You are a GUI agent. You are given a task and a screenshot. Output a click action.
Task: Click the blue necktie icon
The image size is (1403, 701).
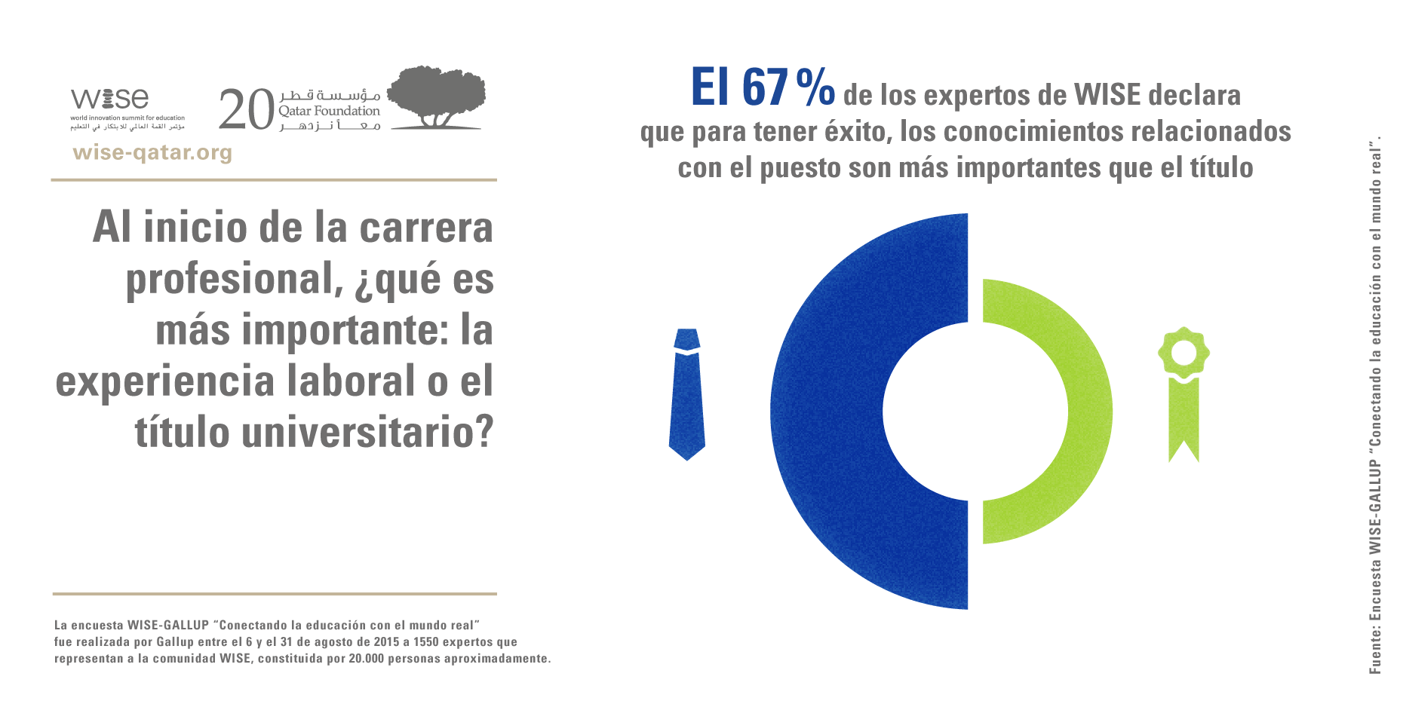click(686, 394)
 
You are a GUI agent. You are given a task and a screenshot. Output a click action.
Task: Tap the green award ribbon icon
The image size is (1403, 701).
click(1183, 392)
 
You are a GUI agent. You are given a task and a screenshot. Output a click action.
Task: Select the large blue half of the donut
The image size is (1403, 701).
click(830, 412)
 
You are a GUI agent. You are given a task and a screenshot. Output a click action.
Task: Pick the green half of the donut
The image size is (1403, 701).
click(1071, 412)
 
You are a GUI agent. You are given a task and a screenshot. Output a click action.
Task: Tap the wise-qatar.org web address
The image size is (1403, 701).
click(152, 153)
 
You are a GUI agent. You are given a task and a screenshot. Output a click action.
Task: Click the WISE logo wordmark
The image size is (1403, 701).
click(110, 99)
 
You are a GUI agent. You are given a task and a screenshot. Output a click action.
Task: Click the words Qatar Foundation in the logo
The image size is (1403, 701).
click(329, 112)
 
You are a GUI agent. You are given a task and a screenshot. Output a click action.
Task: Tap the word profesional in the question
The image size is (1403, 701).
click(229, 280)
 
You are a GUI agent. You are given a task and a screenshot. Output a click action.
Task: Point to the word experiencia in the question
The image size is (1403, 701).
click(164, 381)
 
